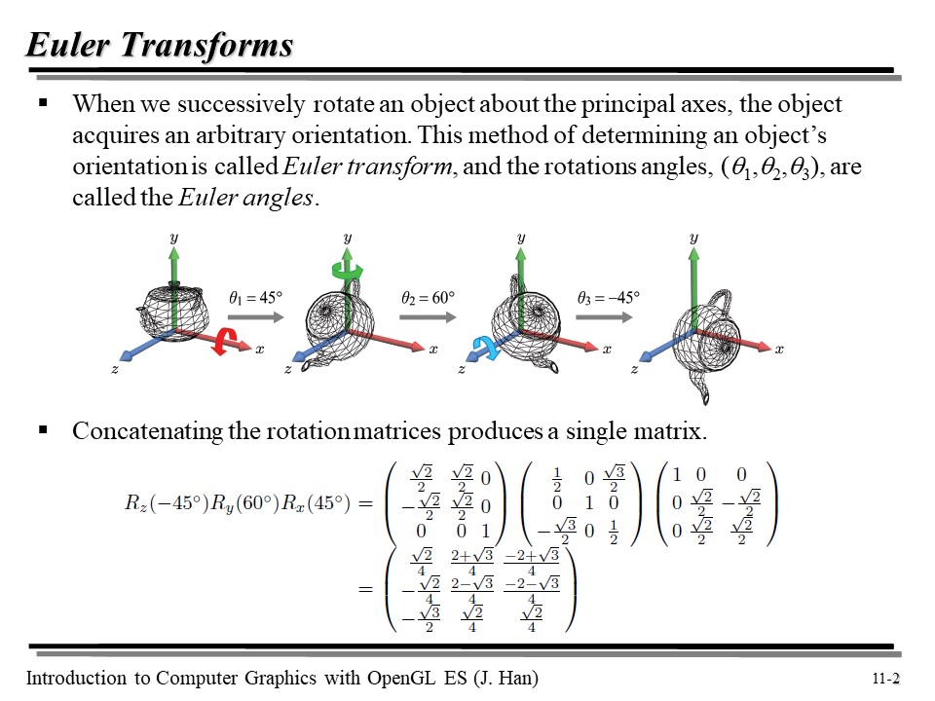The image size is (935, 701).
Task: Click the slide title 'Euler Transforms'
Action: tap(160, 45)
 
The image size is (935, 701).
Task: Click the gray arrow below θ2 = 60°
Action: tap(429, 316)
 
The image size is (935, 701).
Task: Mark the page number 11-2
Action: tap(886, 680)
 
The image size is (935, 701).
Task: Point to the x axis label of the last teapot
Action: tap(779, 350)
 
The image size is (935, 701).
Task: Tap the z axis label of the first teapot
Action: tap(114, 370)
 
